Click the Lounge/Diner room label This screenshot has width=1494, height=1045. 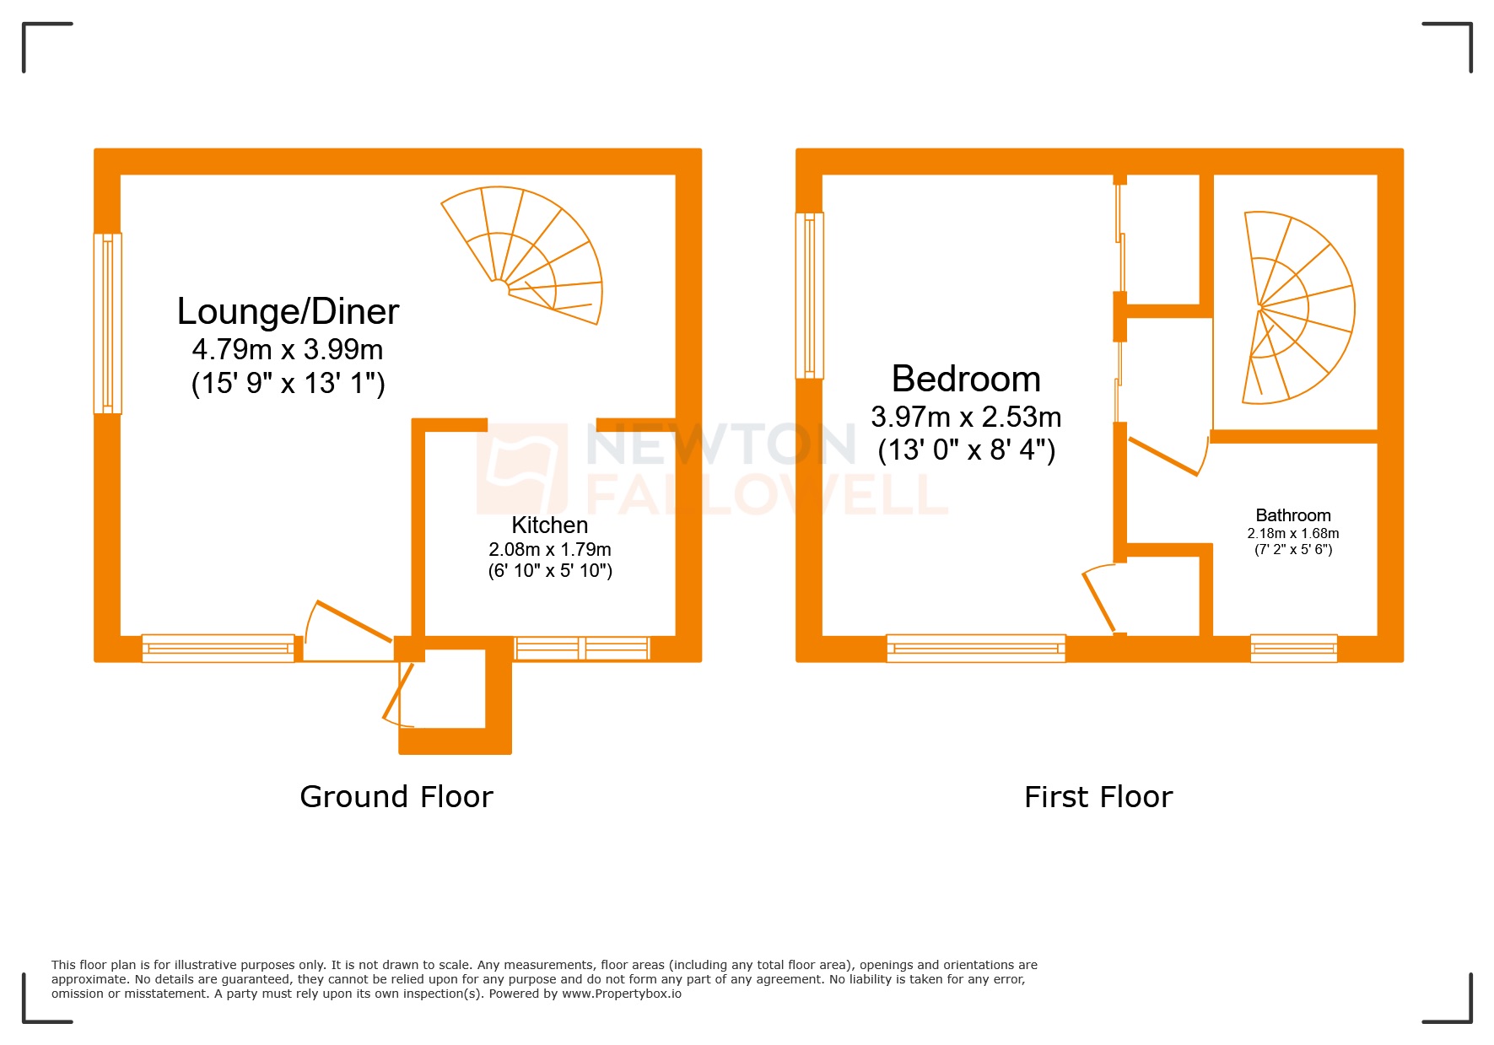pos(288,311)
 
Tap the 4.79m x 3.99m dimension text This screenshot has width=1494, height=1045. pos(288,349)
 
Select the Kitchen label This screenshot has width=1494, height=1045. pos(549,525)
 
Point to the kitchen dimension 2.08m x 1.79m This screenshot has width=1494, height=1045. pos(550,549)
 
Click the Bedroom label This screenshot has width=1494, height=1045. pos(966,379)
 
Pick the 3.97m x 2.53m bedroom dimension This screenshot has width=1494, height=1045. pos(966,417)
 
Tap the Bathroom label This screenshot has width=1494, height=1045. pos(1292,515)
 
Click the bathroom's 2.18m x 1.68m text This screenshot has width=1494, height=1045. pos(1292,533)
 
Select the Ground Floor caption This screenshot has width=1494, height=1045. pos(396,796)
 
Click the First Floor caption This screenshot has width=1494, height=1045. pos(1098,796)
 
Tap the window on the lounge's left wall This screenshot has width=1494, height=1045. pos(107,323)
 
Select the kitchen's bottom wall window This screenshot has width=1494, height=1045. pos(582,649)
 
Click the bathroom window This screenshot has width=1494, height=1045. pos(1293,648)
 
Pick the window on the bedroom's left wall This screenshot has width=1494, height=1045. pos(809,295)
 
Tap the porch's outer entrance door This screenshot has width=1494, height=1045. pos(398,695)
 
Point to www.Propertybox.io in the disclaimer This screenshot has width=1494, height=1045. pos(621,994)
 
